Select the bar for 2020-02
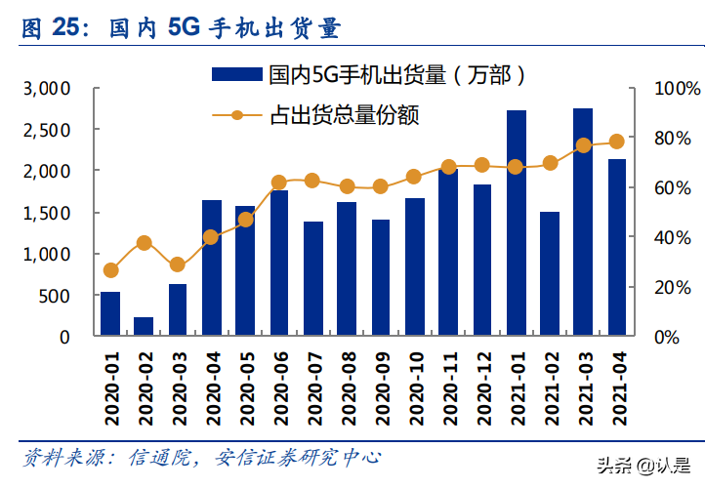[x=144, y=326]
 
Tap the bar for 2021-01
[x=517, y=224]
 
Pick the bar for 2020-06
[x=279, y=264]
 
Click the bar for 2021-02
[x=550, y=274]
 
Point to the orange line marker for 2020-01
[x=110, y=270]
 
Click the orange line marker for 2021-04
[x=617, y=142]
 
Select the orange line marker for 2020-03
[x=178, y=265]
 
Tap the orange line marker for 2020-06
[x=279, y=183]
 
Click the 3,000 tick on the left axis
[x=46, y=89]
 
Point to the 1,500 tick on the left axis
[x=46, y=213]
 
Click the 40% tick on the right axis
[x=674, y=237]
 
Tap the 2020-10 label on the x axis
[x=415, y=388]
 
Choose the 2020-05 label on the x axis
[x=246, y=388]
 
